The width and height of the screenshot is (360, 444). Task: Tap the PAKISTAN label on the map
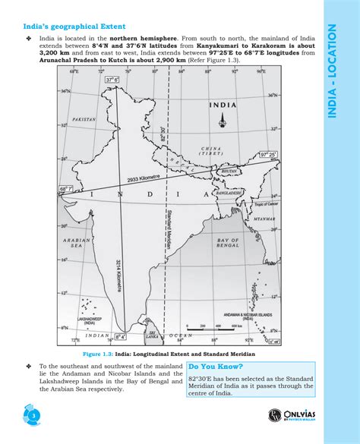click(84, 120)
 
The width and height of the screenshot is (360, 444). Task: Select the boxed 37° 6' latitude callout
click(112, 80)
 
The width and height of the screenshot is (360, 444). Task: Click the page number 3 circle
click(33, 416)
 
